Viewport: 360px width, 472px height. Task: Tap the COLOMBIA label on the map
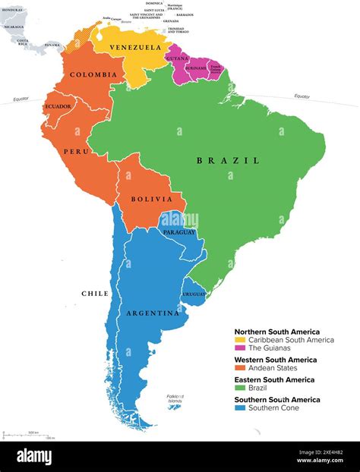tap(93, 74)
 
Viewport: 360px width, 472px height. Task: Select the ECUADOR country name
tap(58, 106)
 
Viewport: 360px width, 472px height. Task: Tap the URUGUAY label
tap(192, 294)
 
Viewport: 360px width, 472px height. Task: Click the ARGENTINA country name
tap(153, 313)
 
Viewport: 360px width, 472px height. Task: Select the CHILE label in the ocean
tap(95, 293)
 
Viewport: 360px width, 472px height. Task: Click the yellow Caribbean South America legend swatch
tap(239, 340)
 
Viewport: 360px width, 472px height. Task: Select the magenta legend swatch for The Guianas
tap(239, 348)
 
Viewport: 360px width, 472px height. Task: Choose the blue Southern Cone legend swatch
tap(239, 407)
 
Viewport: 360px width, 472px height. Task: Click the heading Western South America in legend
tap(276, 360)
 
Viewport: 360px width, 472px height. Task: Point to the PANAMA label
tap(52, 45)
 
